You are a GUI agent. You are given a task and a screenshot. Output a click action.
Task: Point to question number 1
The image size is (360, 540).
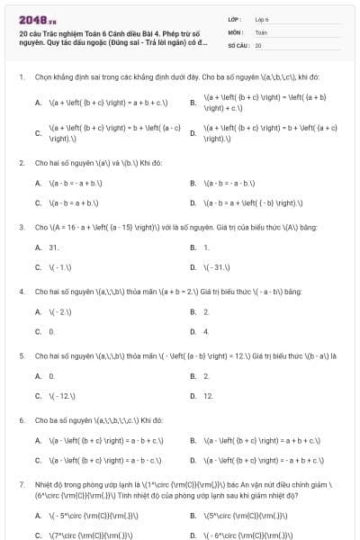coord(21,77)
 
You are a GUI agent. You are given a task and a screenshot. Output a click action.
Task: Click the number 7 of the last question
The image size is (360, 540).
coord(21,484)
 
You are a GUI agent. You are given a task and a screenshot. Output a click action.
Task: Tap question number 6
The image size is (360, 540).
coord(21,419)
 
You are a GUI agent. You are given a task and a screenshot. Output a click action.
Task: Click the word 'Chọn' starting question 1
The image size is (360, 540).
coord(43,77)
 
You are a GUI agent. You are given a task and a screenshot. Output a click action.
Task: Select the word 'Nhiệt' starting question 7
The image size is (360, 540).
coord(44,484)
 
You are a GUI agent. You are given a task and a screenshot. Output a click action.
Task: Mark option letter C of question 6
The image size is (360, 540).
coord(38,461)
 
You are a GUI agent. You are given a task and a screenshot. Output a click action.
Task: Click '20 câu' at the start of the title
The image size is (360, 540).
coord(29,33)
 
